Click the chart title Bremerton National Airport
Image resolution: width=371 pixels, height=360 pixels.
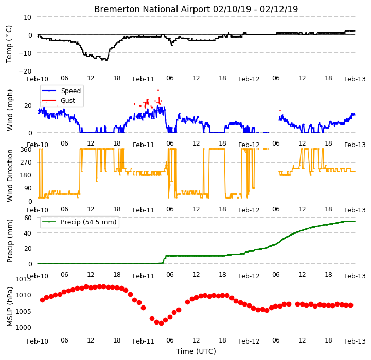pos(152,9)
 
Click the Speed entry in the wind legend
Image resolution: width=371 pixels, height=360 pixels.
pos(70,91)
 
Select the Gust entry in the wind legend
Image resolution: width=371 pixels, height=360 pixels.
pos(68,100)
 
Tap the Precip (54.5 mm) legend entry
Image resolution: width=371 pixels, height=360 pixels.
pos(89,222)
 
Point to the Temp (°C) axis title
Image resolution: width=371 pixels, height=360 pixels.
pos(9,44)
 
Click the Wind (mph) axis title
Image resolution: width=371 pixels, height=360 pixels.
pos(10,110)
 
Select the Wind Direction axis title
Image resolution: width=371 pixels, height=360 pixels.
pos(10,175)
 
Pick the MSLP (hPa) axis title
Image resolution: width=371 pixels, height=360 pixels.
pos(10,307)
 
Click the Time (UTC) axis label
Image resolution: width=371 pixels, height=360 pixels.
pos(196,351)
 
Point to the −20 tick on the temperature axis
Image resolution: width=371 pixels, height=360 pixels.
pos(25,71)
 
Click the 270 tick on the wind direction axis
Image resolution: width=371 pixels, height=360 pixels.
pos(26,163)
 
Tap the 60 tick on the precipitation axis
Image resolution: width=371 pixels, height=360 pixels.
pos(28,218)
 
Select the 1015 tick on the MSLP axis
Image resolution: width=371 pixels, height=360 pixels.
pos(24,279)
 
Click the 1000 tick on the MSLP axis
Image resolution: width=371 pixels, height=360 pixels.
pos(24,328)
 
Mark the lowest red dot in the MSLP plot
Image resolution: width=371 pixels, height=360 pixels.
pos(161,323)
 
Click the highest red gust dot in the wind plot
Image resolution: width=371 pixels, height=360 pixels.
pos(158,90)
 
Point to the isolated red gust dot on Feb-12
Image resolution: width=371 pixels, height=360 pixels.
pos(280,110)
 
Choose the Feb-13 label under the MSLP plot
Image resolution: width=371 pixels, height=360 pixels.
pos(355,341)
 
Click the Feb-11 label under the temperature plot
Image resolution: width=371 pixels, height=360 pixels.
pos(144,79)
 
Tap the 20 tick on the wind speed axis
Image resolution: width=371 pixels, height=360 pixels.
pos(28,105)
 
